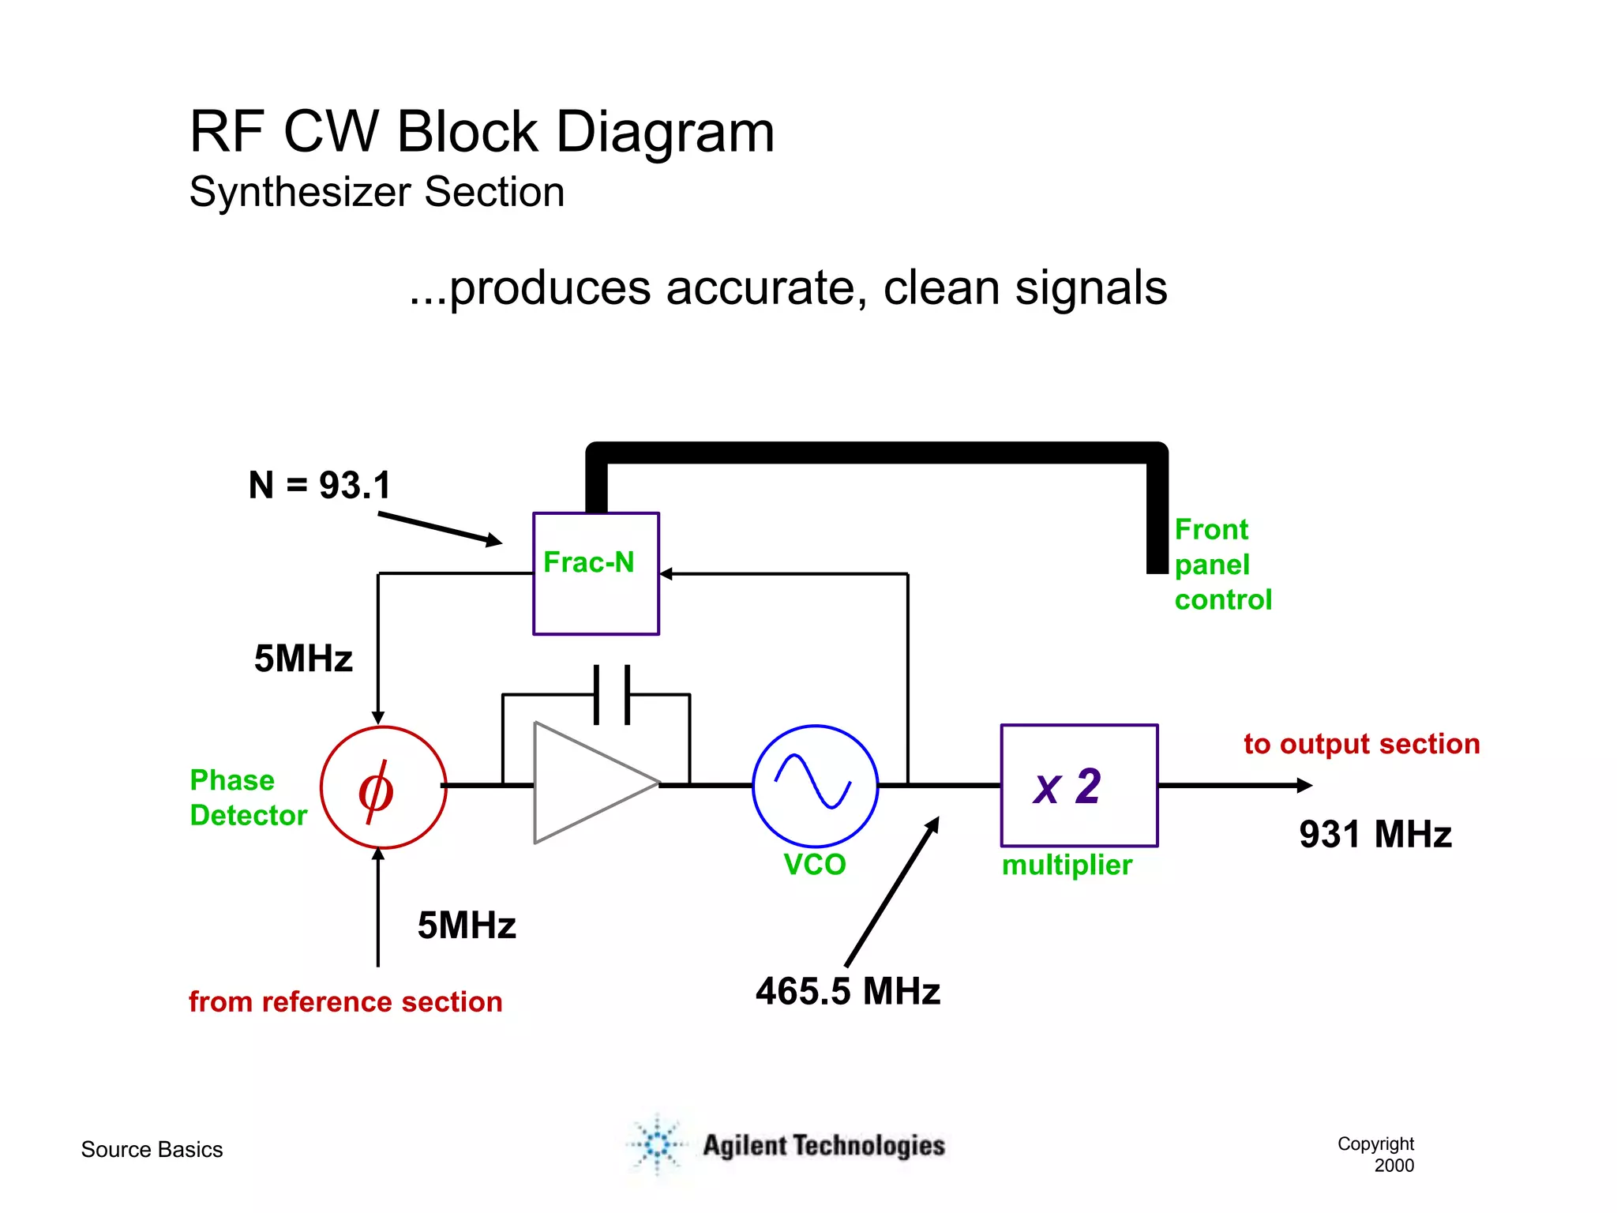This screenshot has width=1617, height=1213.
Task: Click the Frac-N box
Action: [x=596, y=573]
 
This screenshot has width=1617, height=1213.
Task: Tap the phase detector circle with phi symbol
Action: [x=383, y=787]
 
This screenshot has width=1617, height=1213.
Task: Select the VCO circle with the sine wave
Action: [x=815, y=786]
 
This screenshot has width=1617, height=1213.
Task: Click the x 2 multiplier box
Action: [x=1079, y=786]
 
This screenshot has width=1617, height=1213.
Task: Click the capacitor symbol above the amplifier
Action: [x=612, y=695]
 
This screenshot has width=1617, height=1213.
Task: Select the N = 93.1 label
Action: [x=320, y=485]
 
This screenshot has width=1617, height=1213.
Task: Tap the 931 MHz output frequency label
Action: [x=1375, y=835]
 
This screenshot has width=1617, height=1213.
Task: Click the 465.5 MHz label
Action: [x=847, y=991]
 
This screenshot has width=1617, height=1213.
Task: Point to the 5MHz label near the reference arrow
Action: [x=467, y=926]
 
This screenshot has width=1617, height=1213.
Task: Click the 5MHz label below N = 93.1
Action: [x=303, y=659]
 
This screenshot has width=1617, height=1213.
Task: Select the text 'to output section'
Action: [x=1361, y=744]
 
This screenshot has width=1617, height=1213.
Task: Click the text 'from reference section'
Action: [x=345, y=1001]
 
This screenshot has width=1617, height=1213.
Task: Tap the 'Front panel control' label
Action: [x=1221, y=565]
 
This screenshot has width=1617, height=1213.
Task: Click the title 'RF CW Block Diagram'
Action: [x=482, y=132]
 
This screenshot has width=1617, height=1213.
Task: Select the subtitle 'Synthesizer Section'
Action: [x=377, y=192]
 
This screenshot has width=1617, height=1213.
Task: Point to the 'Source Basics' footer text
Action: [x=152, y=1150]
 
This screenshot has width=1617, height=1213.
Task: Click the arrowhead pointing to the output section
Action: [x=1304, y=785]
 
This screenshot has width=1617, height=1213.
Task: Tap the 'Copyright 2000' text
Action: [x=1376, y=1155]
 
